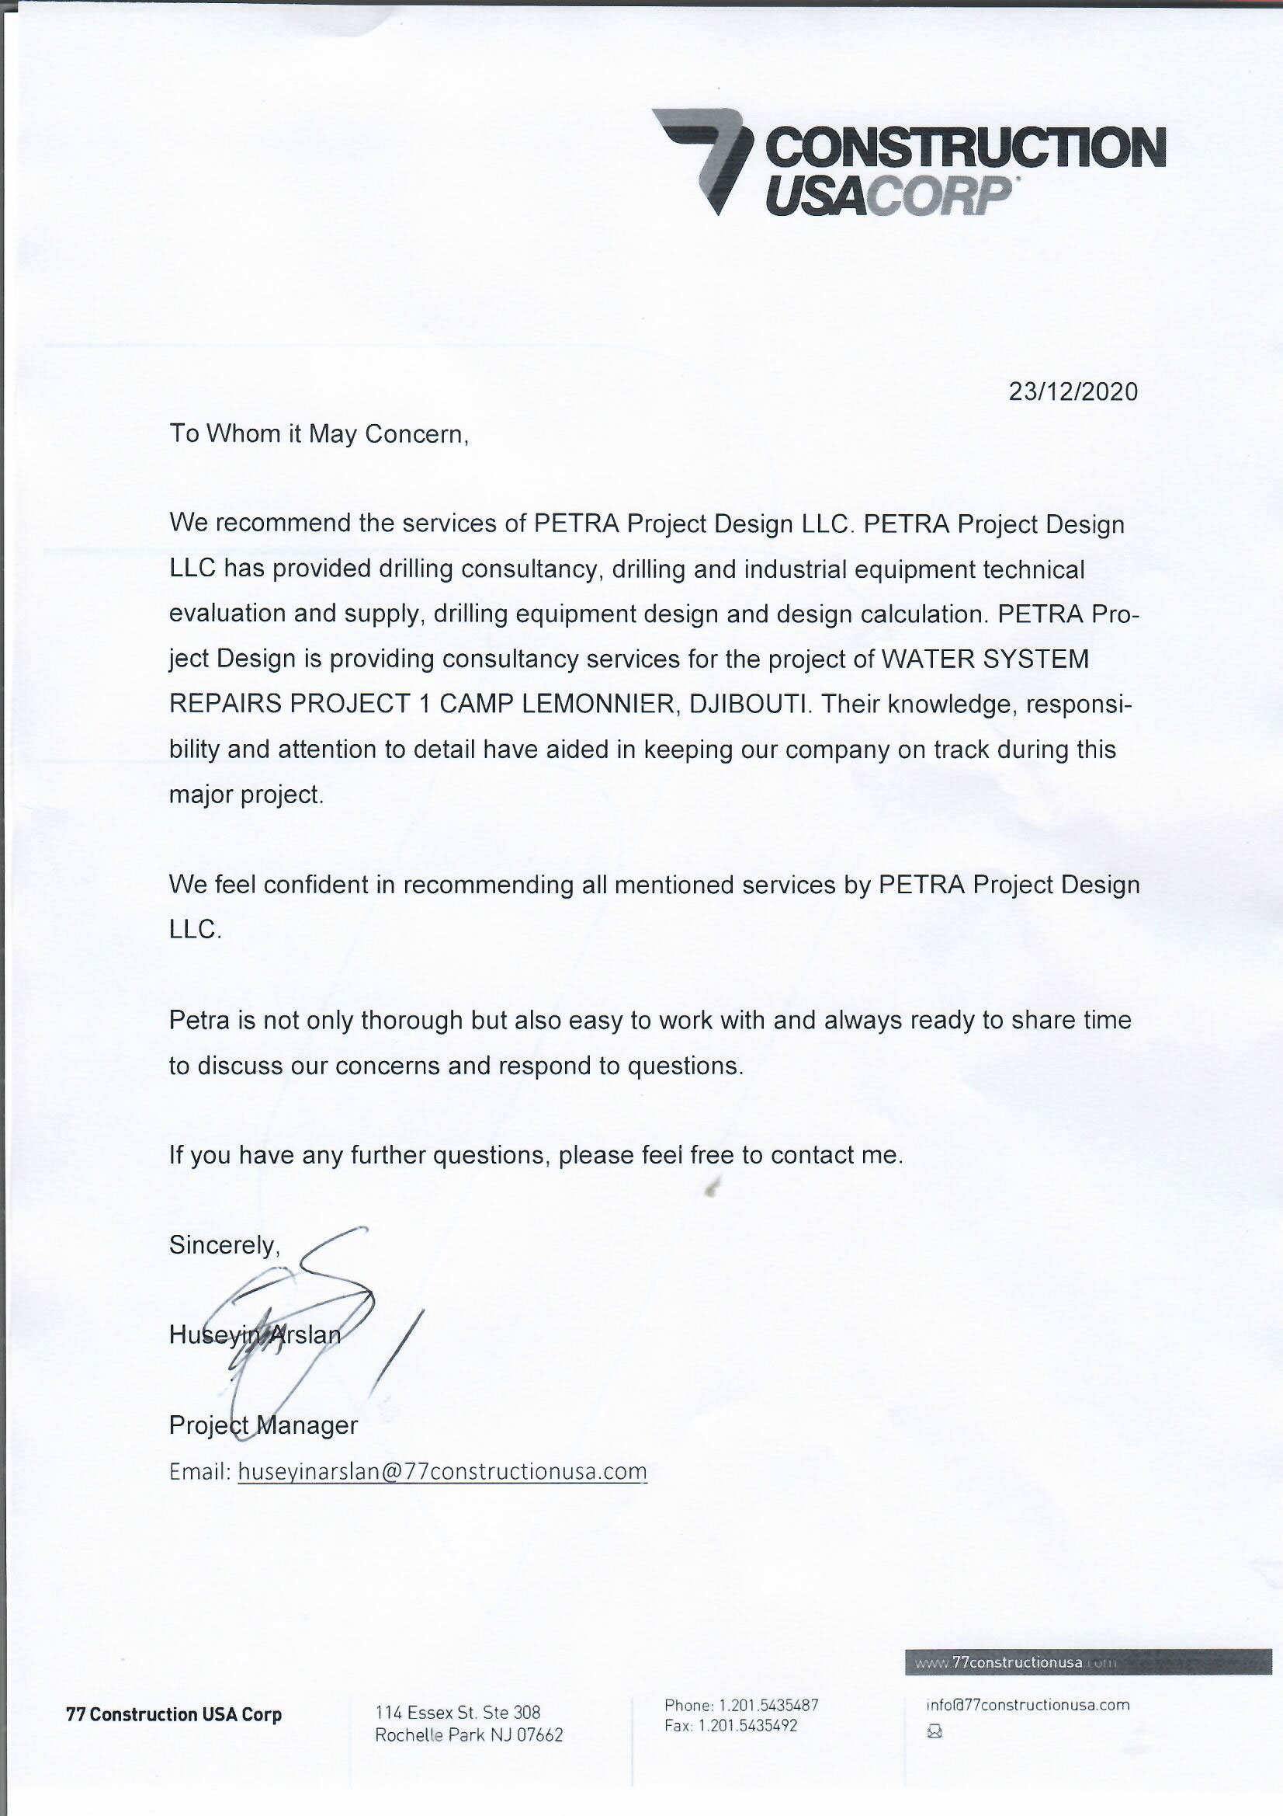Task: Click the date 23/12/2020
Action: (x=1073, y=391)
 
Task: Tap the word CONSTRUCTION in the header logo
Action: (x=965, y=148)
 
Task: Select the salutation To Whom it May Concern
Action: (x=319, y=434)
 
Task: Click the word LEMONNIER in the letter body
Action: (x=595, y=704)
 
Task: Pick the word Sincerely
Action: (x=224, y=1245)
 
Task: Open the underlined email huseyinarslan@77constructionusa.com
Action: (x=442, y=1471)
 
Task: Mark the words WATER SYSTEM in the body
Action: (x=984, y=659)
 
